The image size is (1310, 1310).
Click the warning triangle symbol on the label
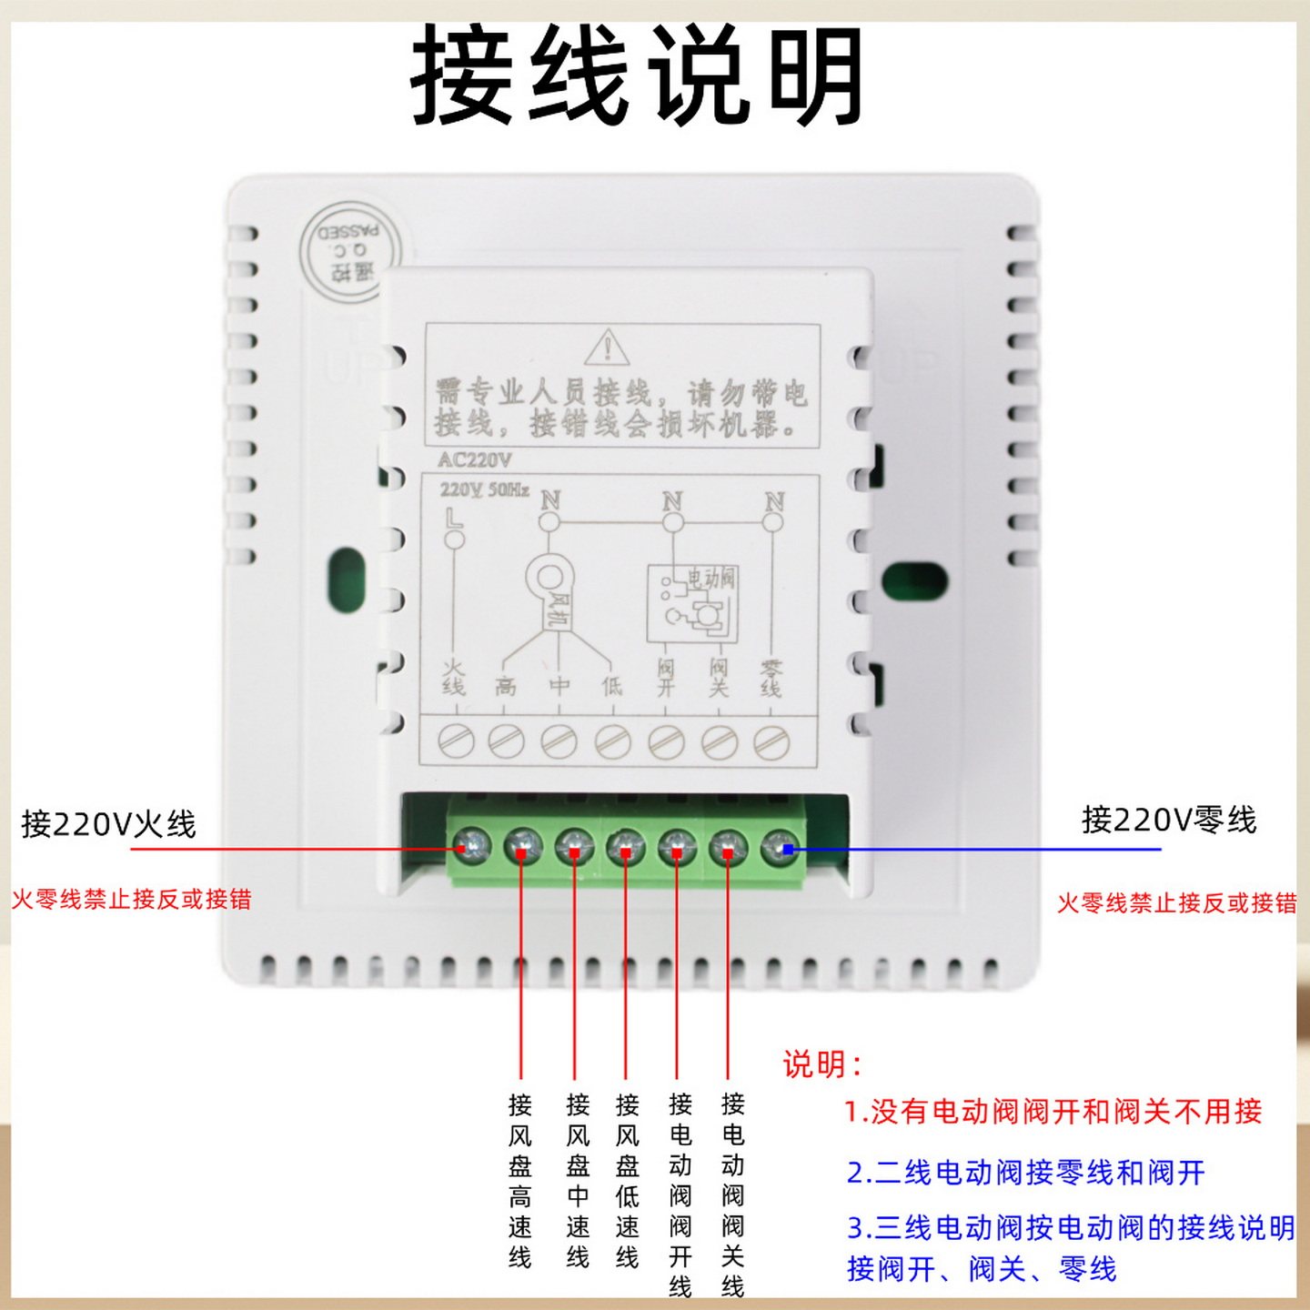[x=607, y=348]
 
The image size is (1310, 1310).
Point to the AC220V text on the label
[x=475, y=459]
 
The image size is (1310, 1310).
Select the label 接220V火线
[x=108, y=824]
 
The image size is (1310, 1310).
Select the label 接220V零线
[x=1168, y=820]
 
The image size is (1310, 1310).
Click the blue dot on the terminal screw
[x=788, y=849]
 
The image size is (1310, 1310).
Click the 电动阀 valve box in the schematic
[x=691, y=602]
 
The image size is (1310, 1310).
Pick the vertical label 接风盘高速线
[x=520, y=1180]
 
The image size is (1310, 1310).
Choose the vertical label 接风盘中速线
[x=578, y=1180]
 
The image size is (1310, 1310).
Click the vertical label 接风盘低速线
[x=627, y=1180]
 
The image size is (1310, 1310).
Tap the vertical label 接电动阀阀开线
[x=680, y=1194]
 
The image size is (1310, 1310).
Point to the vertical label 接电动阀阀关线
[x=732, y=1194]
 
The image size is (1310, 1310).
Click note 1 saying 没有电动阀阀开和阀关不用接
[x=1053, y=1111]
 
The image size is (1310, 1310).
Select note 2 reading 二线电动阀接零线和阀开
[x=1025, y=1173]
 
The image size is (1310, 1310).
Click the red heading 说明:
[x=821, y=1063]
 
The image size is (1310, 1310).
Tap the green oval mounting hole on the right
[x=914, y=581]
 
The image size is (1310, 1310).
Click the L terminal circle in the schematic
[x=454, y=539]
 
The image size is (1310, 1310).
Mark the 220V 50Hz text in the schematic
[x=484, y=490]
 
